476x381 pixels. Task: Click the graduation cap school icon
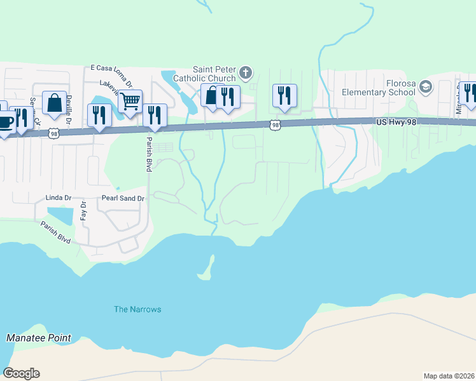pos(425,87)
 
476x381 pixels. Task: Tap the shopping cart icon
pos(130,100)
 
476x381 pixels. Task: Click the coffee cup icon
pos(5,121)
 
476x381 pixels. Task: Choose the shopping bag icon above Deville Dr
pos(55,102)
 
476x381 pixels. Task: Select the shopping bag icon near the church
pos(211,95)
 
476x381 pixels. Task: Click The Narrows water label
pos(137,309)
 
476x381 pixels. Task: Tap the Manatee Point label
pos(39,338)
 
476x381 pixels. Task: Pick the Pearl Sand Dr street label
pos(124,198)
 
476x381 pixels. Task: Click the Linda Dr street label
pos(59,198)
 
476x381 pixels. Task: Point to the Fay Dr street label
pos(83,210)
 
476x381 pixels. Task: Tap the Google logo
pos(22,373)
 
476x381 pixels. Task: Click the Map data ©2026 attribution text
pos(449,376)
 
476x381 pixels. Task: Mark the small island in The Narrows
pos(206,270)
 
